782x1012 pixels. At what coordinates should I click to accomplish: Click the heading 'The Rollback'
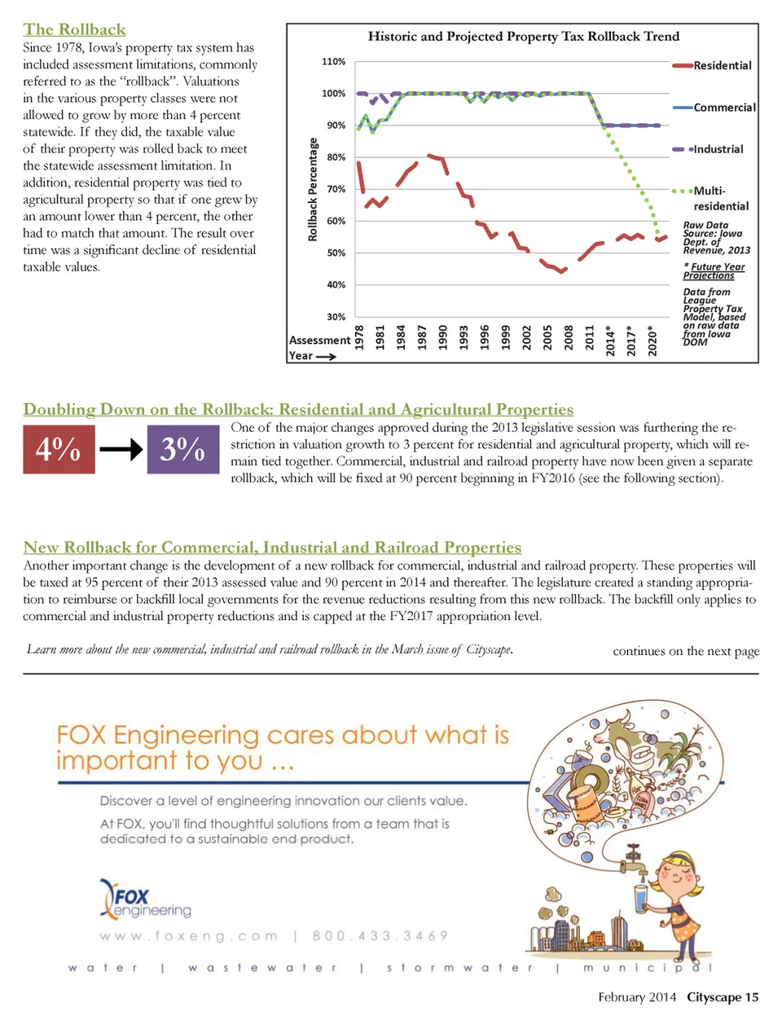74,30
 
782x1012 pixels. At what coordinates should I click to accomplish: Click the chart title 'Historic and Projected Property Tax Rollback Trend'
523,37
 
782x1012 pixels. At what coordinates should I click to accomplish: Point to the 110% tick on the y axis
334,62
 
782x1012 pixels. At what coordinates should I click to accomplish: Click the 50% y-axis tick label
336,253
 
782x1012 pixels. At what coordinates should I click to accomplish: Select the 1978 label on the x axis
359,337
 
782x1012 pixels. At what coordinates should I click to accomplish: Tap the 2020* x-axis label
652,338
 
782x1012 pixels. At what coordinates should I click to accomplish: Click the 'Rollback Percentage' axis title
313,189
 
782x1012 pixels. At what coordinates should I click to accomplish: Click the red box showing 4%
59,449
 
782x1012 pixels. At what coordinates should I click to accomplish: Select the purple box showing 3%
182,449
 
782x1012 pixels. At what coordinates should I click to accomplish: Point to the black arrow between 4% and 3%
121,449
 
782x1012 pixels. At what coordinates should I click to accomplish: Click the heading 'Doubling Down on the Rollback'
298,409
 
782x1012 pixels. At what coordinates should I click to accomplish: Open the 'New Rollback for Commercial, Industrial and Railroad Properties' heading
272,548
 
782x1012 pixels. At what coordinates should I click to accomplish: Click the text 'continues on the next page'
686,651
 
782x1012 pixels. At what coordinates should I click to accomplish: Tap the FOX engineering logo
145,900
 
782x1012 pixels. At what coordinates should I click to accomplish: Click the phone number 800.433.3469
380,936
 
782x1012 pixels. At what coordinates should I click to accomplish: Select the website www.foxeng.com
189,936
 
